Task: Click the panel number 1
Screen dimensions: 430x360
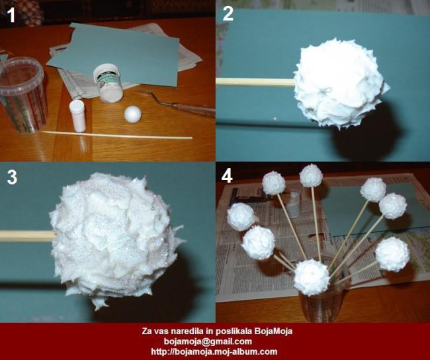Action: [x=11, y=15]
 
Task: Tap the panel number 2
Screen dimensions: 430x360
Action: [x=228, y=14]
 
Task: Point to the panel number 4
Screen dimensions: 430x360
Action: [x=227, y=176]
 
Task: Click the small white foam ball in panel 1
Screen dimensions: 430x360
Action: [x=133, y=114]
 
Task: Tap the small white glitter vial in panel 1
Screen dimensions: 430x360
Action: [x=77, y=116]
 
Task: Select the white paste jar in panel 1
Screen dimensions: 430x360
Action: [x=108, y=83]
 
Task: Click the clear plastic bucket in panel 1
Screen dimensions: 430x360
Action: [x=22, y=95]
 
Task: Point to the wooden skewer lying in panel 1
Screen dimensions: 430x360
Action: [x=117, y=135]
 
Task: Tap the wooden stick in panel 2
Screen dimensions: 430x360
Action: [x=255, y=82]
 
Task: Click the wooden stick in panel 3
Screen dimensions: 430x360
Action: [x=28, y=236]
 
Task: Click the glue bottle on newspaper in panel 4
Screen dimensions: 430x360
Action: [x=293, y=204]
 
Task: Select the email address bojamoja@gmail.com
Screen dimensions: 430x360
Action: [x=208, y=341]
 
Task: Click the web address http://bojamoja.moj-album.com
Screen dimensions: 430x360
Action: [x=214, y=351]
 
